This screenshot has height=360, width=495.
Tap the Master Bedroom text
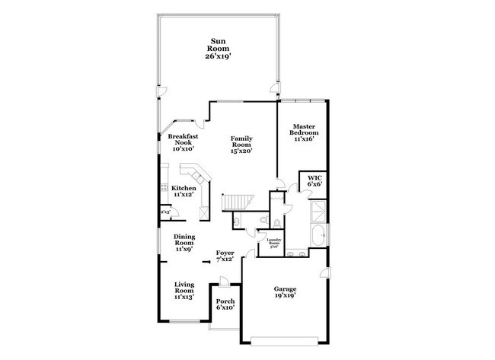coord(302,132)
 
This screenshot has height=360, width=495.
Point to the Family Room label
coord(241,144)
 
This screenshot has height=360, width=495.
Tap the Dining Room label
coord(184,242)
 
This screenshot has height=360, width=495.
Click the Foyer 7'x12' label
coord(225,256)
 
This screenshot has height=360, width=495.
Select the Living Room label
coord(184,290)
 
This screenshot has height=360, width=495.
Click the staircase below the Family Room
coord(237,201)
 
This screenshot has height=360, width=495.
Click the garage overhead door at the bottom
coord(285,337)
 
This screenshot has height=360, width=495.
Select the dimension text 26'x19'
coord(219,56)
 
